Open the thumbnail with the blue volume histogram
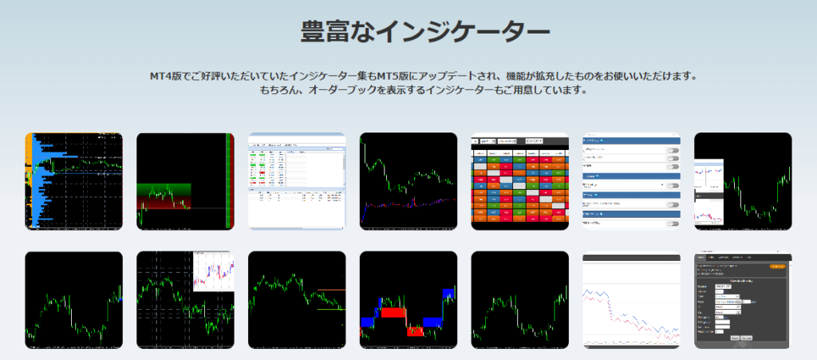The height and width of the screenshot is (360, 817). click(74, 181)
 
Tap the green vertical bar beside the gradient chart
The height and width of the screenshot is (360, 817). click(230, 181)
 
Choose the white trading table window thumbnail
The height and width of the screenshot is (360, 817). click(297, 181)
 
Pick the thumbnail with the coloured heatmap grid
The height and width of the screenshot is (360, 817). click(519, 181)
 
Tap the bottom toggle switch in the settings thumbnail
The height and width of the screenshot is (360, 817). click(673, 224)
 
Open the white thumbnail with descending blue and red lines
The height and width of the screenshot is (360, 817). click(631, 301)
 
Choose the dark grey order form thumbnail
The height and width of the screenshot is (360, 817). click(743, 301)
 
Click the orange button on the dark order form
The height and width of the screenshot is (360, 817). click(777, 267)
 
